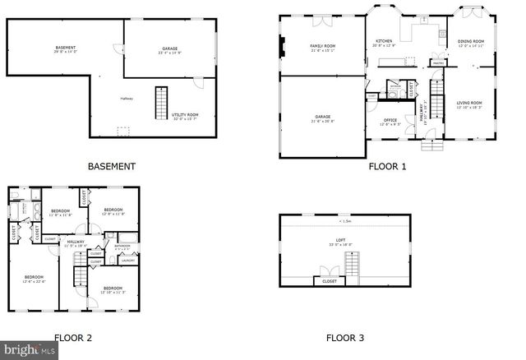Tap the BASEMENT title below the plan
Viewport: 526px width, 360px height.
pyautogui.click(x=111, y=166)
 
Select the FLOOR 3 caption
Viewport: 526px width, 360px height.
pyautogui.click(x=344, y=337)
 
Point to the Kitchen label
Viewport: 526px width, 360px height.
pyautogui.click(x=384, y=43)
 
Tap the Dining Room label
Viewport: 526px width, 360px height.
pyautogui.click(x=471, y=43)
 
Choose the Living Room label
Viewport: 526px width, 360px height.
pyautogui.click(x=469, y=104)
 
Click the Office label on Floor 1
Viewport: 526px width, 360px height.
pyautogui.click(x=390, y=122)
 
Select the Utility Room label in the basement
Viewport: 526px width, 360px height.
pyautogui.click(x=186, y=116)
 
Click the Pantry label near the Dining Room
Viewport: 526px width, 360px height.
pyautogui.click(x=438, y=62)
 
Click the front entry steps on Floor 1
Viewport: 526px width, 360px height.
pyautogui.click(x=431, y=145)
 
